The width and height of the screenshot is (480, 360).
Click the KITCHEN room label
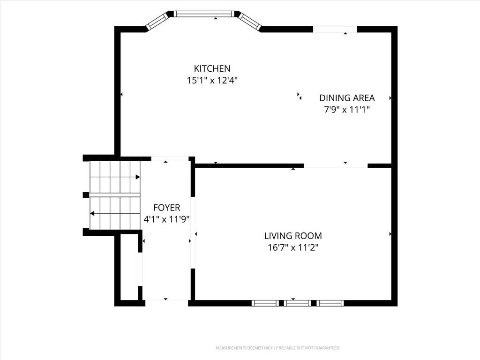(212, 68)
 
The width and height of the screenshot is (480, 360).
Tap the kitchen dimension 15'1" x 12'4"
(212, 81)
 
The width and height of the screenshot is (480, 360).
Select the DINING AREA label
(347, 98)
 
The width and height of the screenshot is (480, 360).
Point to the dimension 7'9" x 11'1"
(347, 110)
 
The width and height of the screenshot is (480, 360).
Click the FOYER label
(166, 208)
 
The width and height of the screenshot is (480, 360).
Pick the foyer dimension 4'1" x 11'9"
(166, 219)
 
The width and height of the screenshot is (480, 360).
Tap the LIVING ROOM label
(293, 236)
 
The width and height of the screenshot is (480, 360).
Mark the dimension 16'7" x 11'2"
(293, 247)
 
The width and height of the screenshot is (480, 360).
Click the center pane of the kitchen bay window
(204, 14)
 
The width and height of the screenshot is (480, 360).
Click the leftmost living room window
(265, 303)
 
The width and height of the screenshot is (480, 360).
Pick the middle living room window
(297, 303)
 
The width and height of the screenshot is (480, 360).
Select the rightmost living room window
(330, 303)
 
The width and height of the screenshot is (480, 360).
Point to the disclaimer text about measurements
(278, 348)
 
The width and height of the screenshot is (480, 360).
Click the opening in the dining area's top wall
(335, 30)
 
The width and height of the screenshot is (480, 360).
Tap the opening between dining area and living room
(336, 165)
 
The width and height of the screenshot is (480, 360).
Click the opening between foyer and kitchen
(170, 158)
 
